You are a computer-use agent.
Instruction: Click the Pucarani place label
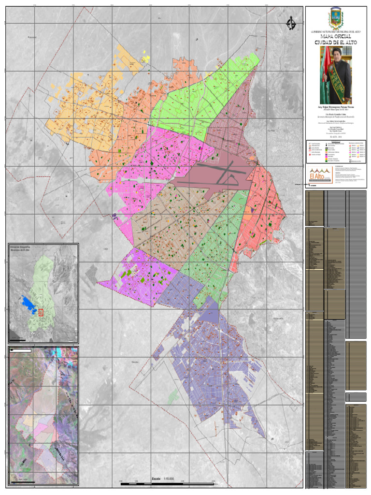point(32,37)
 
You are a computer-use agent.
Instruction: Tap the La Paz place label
point(284,131)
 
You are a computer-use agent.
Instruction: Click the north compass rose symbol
point(290,23)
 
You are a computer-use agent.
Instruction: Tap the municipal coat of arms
point(336,18)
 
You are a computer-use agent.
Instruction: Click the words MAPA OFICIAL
point(336,37)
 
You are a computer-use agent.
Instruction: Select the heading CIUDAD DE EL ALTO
point(336,43)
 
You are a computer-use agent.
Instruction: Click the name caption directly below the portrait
point(336,107)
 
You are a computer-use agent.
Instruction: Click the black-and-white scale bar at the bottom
point(169,483)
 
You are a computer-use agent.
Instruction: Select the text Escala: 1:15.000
point(162,479)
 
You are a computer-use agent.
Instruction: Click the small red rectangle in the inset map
point(41,313)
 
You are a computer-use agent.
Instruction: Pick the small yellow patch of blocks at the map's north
point(145,58)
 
